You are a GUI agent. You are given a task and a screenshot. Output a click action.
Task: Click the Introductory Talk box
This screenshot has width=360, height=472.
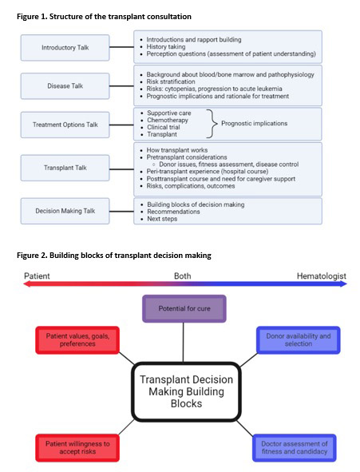tap(66, 48)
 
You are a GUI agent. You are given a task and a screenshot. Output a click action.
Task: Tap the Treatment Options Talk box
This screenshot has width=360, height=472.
tap(66, 125)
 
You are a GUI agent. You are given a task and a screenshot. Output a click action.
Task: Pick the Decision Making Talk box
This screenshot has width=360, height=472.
tap(66, 210)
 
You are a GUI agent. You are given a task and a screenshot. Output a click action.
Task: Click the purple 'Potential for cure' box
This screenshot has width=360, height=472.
tap(184, 309)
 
